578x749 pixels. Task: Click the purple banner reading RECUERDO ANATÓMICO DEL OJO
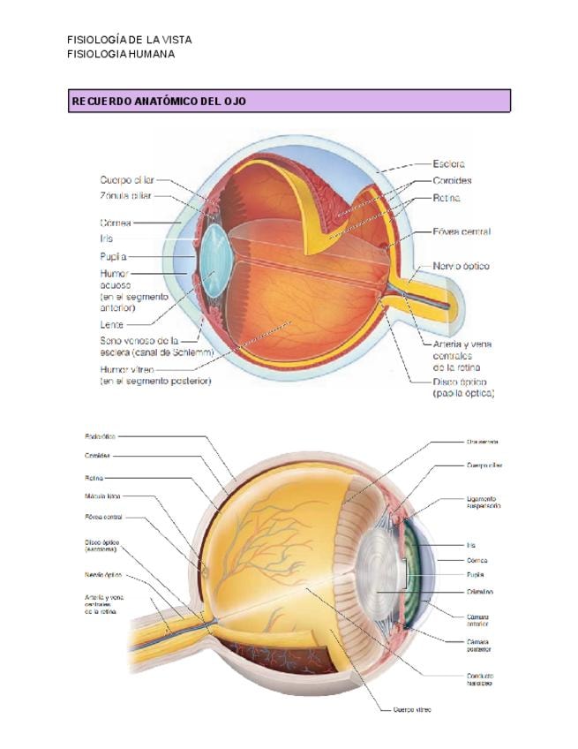pos(289,102)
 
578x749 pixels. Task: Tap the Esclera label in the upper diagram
pos(449,163)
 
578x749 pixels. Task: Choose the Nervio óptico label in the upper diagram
pos(461,265)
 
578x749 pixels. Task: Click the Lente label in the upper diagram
pos(112,324)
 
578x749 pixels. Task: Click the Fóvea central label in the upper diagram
pos(462,231)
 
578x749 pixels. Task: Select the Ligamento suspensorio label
pos(483,503)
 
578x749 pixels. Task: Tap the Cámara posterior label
pos(479,645)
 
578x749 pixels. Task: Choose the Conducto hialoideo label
pos(479,679)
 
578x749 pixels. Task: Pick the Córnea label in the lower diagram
pos(477,560)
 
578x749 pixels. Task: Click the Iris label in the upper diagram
pos(106,238)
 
